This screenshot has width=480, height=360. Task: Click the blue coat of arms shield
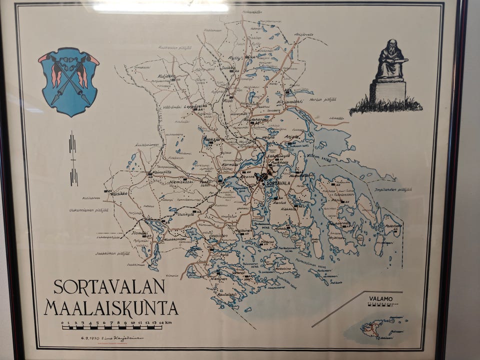point(68,81)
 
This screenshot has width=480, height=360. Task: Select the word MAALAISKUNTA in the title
point(110,307)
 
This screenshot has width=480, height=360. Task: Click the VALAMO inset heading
point(381,298)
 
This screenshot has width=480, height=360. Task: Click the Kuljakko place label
point(166,76)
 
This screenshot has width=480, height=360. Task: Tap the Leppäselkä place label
point(195,106)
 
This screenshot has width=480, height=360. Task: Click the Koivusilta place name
point(161,171)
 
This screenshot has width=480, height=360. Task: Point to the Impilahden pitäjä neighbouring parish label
point(393,189)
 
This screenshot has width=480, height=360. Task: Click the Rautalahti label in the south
point(227,294)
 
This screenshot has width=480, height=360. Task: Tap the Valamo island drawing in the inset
point(372,328)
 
